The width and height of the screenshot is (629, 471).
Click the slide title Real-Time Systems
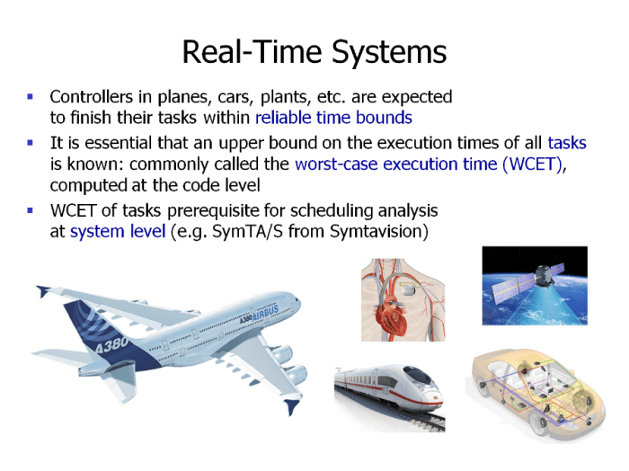pyautogui.click(x=314, y=51)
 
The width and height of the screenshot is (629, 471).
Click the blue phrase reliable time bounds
pyautogui.click(x=333, y=117)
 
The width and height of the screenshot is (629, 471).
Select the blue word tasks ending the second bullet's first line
pyautogui.click(x=566, y=143)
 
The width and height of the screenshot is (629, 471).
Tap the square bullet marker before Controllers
pyautogui.click(x=31, y=95)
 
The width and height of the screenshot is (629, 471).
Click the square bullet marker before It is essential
pyautogui.click(x=31, y=142)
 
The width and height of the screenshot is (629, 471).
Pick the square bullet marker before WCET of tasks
pyautogui.click(x=31, y=209)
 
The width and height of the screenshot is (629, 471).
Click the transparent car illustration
pyautogui.click(x=531, y=392)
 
